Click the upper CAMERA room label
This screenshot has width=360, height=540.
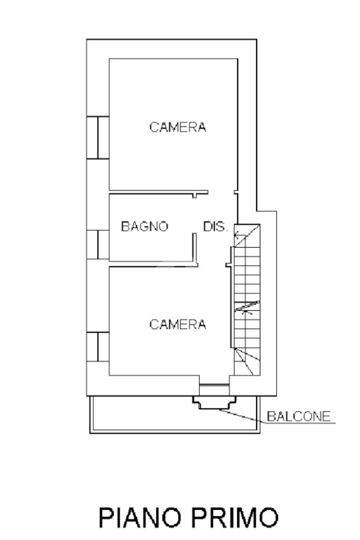pyautogui.click(x=178, y=127)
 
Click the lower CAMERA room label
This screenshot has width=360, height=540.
pyautogui.click(x=178, y=325)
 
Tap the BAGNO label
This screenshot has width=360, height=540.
pyautogui.click(x=144, y=227)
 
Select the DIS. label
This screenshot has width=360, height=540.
pyautogui.click(x=215, y=227)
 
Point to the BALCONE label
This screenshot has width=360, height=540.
pyautogui.click(x=299, y=417)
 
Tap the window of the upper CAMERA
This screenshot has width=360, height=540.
pyautogui.click(x=98, y=138)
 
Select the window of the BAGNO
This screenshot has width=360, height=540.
pyautogui.click(x=98, y=244)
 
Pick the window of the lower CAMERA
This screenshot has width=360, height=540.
pyautogui.click(x=98, y=347)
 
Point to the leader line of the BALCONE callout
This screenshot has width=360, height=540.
pyautogui.click(x=242, y=416)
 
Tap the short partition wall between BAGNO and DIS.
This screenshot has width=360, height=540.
pyautogui.click(x=194, y=248)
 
